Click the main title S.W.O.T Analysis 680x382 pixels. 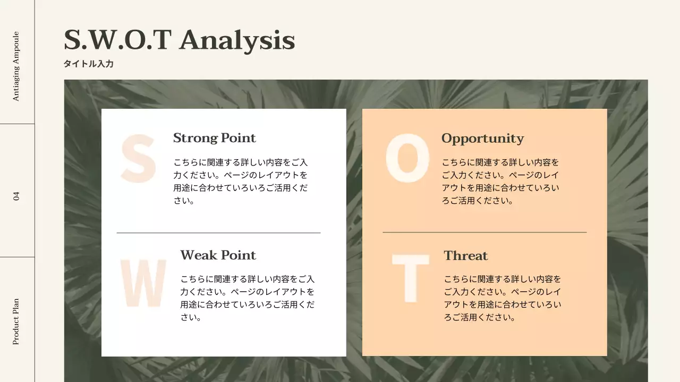tap(179, 41)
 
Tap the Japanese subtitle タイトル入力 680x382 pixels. tap(89, 64)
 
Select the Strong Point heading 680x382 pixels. tap(214, 138)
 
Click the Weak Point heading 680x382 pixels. tap(218, 255)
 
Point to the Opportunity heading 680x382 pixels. tap(483, 138)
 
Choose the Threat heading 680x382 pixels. tap(466, 256)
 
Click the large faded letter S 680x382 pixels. tap(139, 159)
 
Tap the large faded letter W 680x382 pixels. tap(143, 283)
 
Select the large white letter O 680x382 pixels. tap(407, 158)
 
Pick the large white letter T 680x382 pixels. tap(411, 279)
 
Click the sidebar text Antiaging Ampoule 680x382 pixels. tap(16, 66)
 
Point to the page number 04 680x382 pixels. tap(16, 196)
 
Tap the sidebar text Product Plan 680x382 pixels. tap(16, 322)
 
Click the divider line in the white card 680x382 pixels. tap(218, 233)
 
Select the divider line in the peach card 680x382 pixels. tap(484, 232)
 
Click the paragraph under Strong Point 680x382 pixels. tap(241, 181)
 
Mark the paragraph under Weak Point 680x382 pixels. tap(248, 298)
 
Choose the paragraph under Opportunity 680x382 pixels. tap(500, 181)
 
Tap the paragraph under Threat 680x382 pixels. tap(503, 298)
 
